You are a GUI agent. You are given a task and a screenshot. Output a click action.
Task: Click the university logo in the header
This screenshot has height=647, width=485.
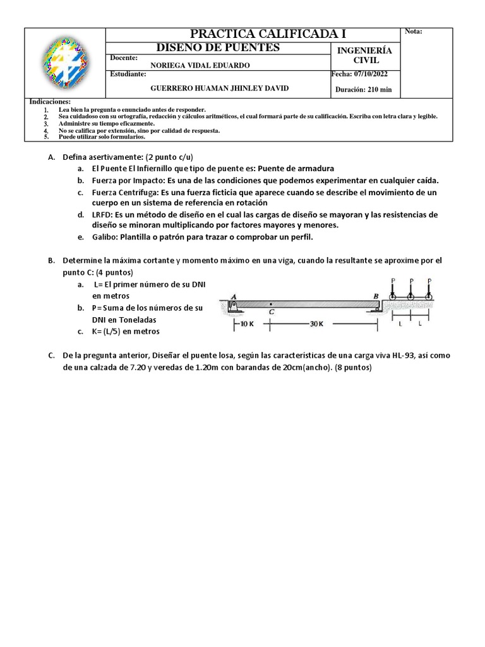tap(63, 62)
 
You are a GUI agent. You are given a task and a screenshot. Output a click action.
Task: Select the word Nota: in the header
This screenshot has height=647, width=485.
tap(413, 32)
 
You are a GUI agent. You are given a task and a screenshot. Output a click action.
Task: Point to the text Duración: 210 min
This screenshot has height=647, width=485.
tap(363, 89)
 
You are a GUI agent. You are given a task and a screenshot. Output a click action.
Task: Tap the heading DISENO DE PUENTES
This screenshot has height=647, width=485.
tap(218, 48)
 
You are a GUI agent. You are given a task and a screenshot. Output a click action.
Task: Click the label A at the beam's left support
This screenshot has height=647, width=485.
tap(234, 296)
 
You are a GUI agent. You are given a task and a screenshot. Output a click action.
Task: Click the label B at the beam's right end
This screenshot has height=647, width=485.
tap(376, 296)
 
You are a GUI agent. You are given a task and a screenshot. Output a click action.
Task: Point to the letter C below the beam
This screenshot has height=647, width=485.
tap(272, 312)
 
